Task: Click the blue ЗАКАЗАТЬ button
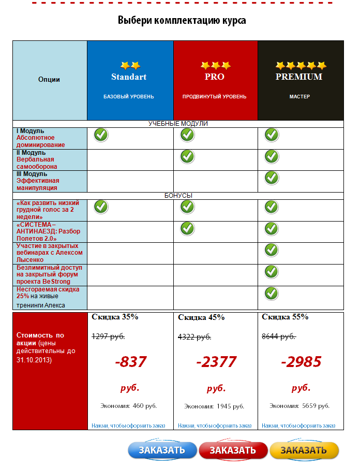click(162, 450)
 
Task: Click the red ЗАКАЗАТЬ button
click(233, 450)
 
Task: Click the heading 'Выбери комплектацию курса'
click(181, 21)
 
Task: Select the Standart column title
click(129, 77)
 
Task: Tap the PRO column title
click(215, 77)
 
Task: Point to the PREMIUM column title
click(298, 77)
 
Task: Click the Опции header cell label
click(49, 80)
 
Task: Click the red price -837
click(131, 361)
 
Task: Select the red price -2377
click(216, 361)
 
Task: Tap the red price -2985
click(301, 361)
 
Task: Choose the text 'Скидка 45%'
click(201, 317)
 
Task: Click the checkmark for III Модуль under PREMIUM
click(272, 178)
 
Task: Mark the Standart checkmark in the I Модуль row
click(101, 135)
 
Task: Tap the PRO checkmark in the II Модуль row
click(187, 156)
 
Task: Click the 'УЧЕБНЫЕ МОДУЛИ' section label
click(178, 124)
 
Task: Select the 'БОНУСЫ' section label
click(178, 196)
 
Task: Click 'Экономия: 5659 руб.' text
click(299, 406)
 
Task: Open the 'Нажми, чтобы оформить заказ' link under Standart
click(128, 426)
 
